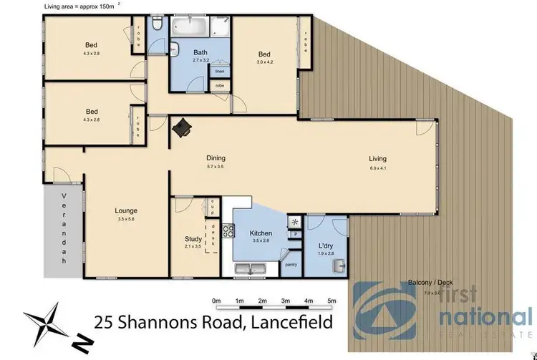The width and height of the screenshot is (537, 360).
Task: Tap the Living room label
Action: (x=377, y=159)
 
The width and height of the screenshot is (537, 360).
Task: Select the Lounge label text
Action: (x=126, y=211)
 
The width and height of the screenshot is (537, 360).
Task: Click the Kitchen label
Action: (x=259, y=234)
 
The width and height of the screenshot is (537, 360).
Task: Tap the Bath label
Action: (x=200, y=53)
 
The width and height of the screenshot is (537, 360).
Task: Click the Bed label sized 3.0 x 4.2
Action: (x=264, y=54)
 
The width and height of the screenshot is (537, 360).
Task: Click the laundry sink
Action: (x=338, y=267)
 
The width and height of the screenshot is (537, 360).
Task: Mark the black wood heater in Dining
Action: (x=183, y=127)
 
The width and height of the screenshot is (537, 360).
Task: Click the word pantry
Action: (x=291, y=265)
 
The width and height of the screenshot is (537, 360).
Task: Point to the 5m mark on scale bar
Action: (x=331, y=301)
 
